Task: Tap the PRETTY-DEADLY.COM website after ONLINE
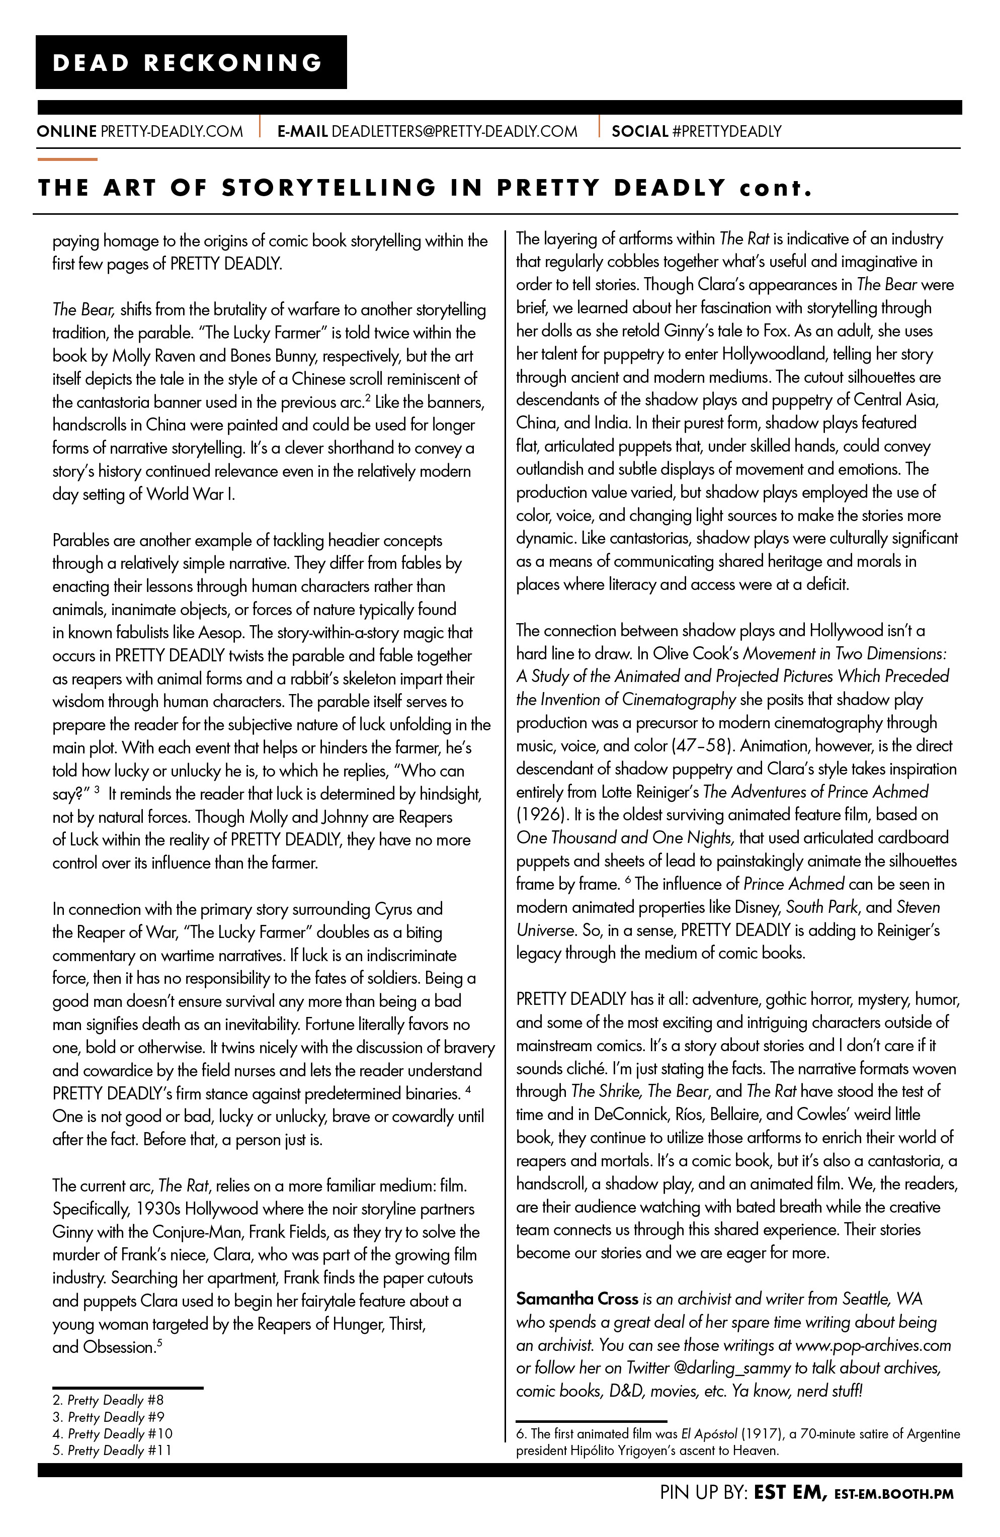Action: click(172, 131)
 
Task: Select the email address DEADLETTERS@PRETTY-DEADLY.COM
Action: click(454, 131)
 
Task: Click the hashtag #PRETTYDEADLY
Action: click(727, 131)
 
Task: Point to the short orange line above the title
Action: click(67, 159)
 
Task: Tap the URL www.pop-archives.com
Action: click(873, 1345)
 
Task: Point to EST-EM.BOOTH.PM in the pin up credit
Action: click(893, 1494)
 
